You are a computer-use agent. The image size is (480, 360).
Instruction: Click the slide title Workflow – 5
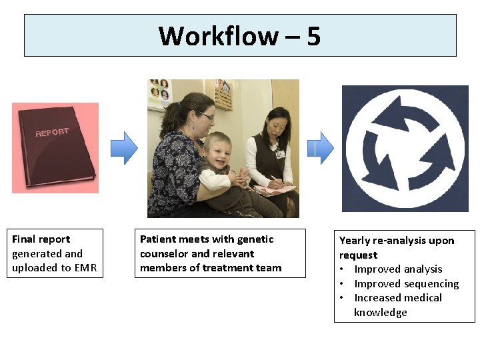[x=240, y=35]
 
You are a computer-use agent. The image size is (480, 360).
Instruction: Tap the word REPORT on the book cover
[x=52, y=132]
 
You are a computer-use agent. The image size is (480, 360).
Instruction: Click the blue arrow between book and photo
[x=123, y=147]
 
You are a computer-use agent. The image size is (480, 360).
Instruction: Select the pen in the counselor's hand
[x=274, y=179]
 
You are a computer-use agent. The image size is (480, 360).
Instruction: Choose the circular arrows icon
[x=405, y=148]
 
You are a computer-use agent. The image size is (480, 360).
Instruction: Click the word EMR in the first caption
[x=85, y=268]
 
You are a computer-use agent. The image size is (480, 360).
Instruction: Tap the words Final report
[x=41, y=239]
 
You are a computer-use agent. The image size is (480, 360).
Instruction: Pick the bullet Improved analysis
[x=398, y=269]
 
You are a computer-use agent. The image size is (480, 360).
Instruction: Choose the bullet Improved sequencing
[x=406, y=284]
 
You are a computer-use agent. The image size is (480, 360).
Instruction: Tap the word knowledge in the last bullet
[x=380, y=313]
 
